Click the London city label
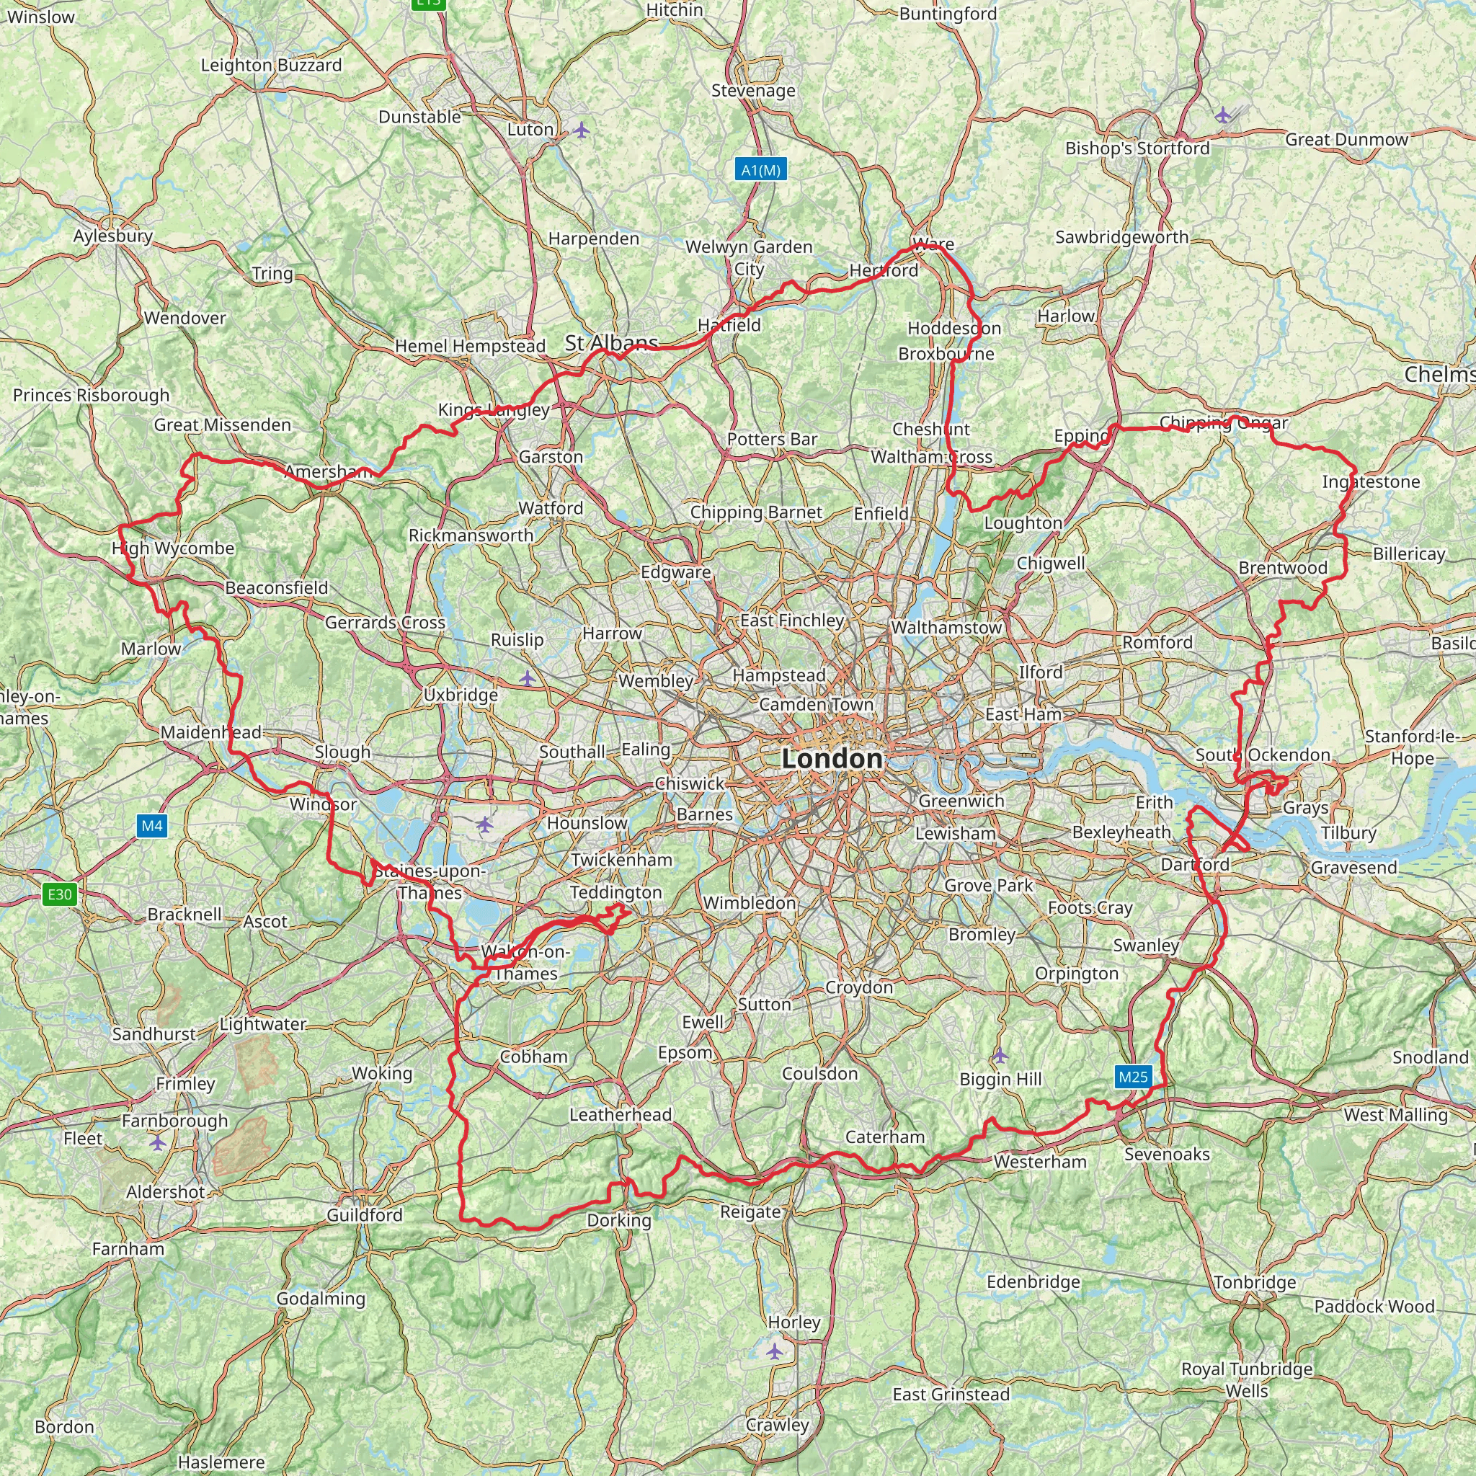pos(832,759)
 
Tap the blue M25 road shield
pos(1132,1077)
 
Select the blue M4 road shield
pos(152,825)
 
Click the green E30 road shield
pos(60,894)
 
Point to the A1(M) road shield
pos(761,169)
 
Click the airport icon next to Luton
pos(582,130)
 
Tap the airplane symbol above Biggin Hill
pos(1000,1056)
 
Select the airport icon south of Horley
pos(775,1351)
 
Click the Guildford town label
pos(365,1214)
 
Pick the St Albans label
pos(611,343)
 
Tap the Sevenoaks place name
pos(1167,1155)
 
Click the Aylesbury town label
pos(113,236)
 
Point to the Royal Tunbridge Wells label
pos(1247,1379)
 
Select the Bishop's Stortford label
pos(1137,148)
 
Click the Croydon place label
pos(858,987)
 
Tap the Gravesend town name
pos(1353,867)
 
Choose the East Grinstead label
pos(951,1395)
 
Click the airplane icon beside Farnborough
pos(157,1142)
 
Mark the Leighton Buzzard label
pos(271,65)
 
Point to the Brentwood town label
pos(1283,568)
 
